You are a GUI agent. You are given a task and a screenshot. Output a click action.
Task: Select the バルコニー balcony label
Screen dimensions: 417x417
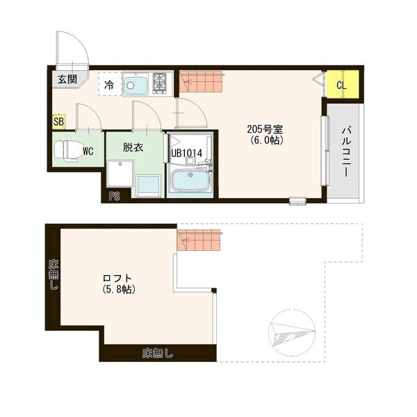pyautogui.click(x=345, y=153)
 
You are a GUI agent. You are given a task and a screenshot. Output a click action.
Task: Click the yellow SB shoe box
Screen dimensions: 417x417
pyautogui.click(x=58, y=122)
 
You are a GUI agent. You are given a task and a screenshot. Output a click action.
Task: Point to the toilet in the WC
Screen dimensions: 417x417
pyautogui.click(x=68, y=149)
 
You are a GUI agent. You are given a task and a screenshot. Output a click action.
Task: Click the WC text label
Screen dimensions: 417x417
pyautogui.click(x=88, y=150)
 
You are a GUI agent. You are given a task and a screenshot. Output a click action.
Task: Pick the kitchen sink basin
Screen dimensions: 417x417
pyautogui.click(x=136, y=85)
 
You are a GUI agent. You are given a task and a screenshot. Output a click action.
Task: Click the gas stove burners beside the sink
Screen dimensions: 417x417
pyautogui.click(x=161, y=83)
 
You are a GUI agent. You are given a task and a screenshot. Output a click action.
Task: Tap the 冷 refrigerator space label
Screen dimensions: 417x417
pyautogui.click(x=109, y=85)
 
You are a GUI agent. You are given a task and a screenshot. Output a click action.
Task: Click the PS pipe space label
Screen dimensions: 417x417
pyautogui.click(x=114, y=196)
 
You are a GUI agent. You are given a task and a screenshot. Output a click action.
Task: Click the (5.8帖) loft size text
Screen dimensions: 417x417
pyautogui.click(x=118, y=289)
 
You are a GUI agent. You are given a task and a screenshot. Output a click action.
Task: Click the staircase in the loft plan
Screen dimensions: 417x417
pyautogui.click(x=199, y=240)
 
